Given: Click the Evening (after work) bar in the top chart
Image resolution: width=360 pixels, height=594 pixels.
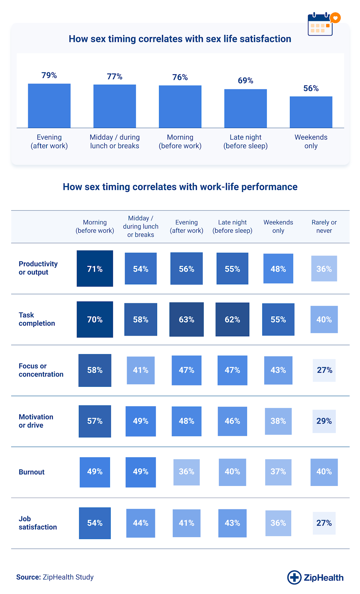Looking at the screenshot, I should (49, 106).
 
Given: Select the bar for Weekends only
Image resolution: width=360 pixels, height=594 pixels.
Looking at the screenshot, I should (311, 112).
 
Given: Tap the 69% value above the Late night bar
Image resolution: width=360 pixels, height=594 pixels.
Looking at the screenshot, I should (246, 81).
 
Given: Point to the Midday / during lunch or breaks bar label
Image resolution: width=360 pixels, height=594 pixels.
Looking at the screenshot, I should (114, 141).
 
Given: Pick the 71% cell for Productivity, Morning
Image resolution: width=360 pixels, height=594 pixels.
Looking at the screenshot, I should (95, 269).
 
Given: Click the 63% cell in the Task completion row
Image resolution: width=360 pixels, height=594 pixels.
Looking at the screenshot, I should (187, 320).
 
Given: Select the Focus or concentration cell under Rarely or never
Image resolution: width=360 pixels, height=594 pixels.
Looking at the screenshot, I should (324, 370).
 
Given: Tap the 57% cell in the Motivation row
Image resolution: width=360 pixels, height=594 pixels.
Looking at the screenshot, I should (95, 421).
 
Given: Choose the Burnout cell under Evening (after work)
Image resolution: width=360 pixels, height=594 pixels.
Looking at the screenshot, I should (187, 472).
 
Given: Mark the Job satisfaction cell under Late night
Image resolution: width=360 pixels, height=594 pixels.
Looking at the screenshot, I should (232, 523).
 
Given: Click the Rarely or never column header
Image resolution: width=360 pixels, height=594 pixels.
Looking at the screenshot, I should (324, 226).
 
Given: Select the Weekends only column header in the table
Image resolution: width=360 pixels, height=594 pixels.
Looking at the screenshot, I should (278, 226).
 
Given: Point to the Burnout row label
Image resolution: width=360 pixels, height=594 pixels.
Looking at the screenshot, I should (32, 472).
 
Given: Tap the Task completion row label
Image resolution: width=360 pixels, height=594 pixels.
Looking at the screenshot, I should (37, 319).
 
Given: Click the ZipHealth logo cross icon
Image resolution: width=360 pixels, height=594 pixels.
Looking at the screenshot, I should (294, 577).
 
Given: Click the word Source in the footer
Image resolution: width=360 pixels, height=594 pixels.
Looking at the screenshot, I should (28, 577).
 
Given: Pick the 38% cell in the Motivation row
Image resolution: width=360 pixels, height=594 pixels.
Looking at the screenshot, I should (278, 421).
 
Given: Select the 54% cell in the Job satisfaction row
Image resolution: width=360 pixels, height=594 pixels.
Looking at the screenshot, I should (95, 523).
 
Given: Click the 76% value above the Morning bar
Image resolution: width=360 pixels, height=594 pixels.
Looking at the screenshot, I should (180, 77).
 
